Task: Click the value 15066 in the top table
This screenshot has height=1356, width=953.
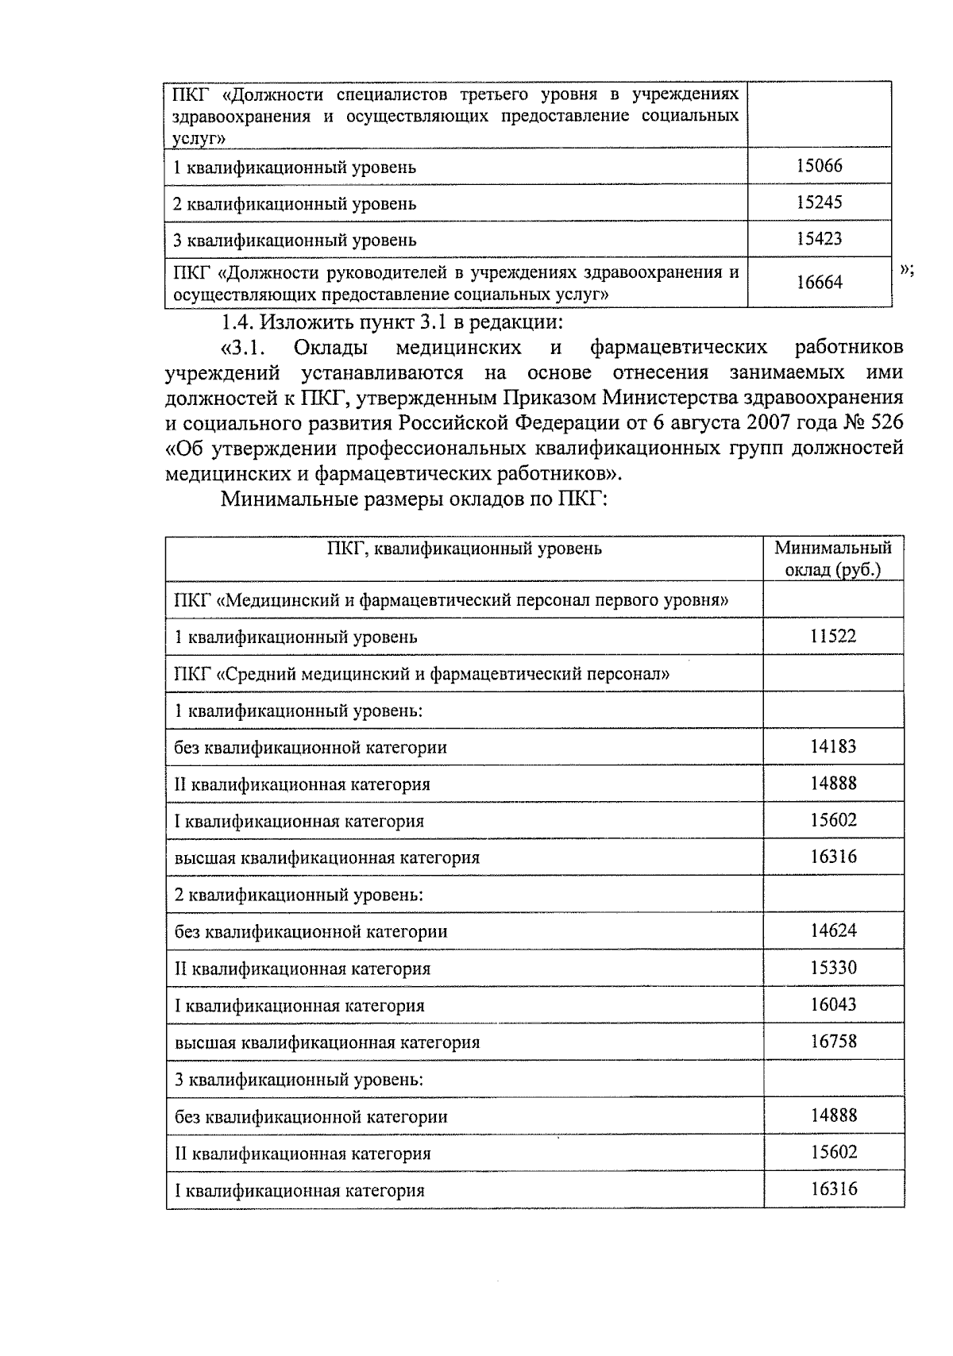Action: pos(819,166)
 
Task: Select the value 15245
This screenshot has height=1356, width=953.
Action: pos(819,202)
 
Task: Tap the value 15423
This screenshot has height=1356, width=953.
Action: pos(819,239)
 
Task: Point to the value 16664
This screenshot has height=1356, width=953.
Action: pos(819,282)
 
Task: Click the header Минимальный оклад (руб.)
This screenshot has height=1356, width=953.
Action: pos(833,559)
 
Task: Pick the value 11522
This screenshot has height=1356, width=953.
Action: pos(833,636)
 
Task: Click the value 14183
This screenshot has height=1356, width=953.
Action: pos(833,746)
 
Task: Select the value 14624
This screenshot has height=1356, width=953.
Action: pos(833,930)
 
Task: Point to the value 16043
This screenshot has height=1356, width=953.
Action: pos(833,1004)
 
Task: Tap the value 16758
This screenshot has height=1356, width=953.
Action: pos(833,1041)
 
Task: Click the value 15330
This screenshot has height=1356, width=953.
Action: pos(833,968)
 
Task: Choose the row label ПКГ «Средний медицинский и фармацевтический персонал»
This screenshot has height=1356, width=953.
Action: pos(422,675)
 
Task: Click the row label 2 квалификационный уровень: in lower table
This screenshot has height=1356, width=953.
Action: pos(298,895)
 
